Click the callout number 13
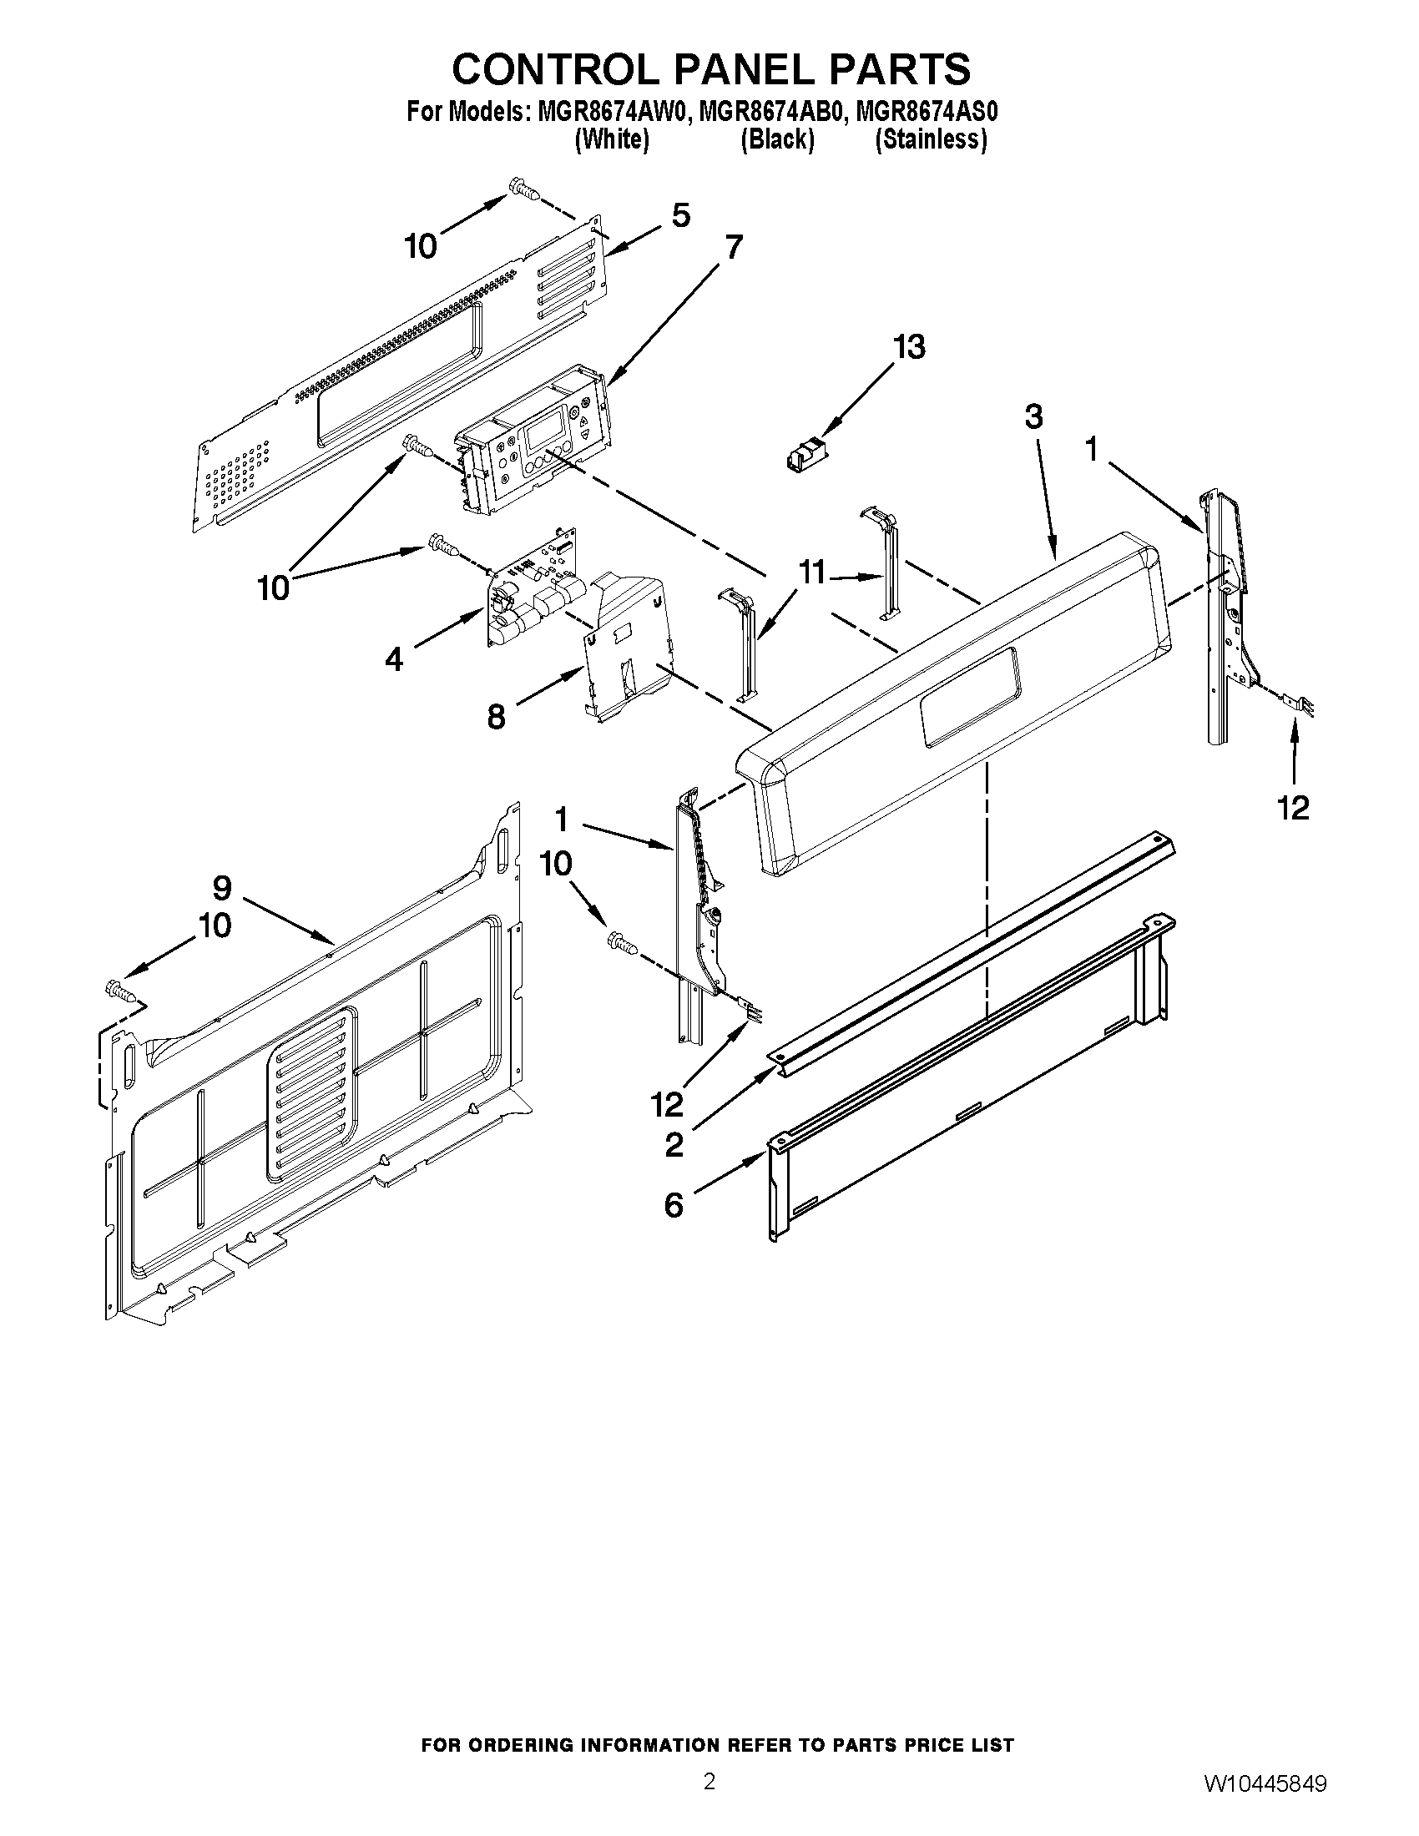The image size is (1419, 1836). click(x=909, y=346)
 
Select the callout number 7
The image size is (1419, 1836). click(x=734, y=247)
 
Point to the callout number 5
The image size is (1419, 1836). click(x=681, y=215)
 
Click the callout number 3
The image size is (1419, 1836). click(x=1033, y=416)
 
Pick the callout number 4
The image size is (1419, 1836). click(x=393, y=659)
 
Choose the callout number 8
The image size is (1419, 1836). click(x=496, y=716)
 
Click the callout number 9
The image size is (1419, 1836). click(x=222, y=888)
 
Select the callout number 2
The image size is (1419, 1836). click(x=674, y=1145)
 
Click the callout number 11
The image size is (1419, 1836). click(x=811, y=573)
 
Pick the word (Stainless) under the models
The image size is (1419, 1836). click(x=931, y=139)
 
